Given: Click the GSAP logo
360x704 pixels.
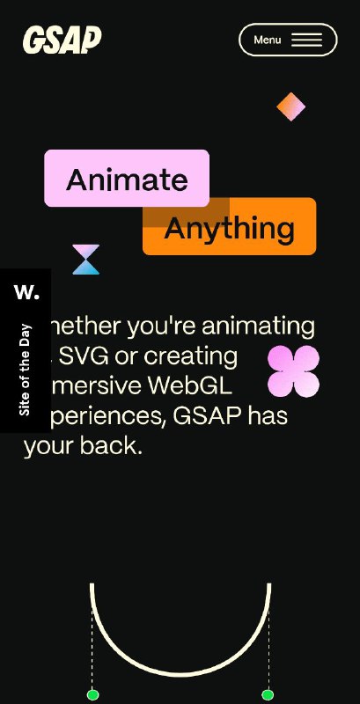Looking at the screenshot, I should (x=62, y=40).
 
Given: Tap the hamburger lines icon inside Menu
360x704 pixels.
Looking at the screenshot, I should (x=306, y=40).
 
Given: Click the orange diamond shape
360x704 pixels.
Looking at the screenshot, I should (x=290, y=106).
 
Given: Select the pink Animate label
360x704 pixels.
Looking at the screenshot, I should (x=127, y=179).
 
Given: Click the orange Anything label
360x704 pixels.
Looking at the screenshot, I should (x=230, y=228).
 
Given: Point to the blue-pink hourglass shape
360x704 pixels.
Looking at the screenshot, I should (x=86, y=260).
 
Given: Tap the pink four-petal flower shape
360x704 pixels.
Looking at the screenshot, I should (x=293, y=370).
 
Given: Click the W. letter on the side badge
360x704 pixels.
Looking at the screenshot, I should (x=26, y=291).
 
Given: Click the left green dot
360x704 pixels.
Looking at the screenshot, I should (x=92, y=695).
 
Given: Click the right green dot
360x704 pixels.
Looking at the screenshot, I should (x=268, y=695).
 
